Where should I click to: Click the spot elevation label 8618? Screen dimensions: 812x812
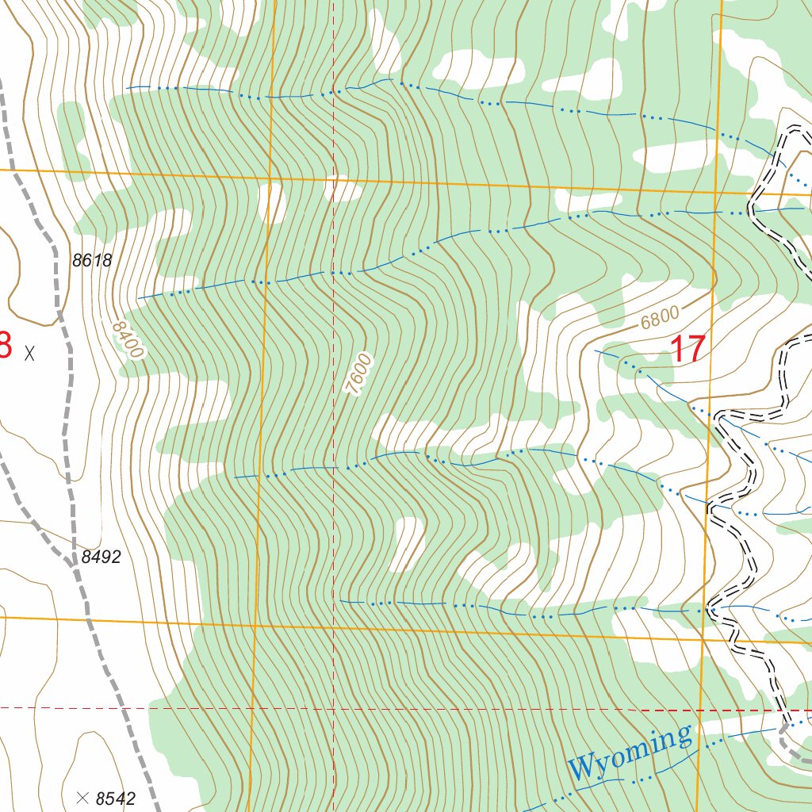point(91,260)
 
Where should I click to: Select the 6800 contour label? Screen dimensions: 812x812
point(660,317)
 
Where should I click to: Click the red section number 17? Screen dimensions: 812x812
point(688,350)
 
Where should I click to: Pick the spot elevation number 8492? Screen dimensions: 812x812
point(101,557)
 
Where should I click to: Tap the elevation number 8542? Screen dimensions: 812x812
point(116,799)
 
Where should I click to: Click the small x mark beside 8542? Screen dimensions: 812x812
point(82,796)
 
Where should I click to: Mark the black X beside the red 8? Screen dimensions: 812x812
point(30,353)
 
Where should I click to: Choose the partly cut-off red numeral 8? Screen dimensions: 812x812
point(5,346)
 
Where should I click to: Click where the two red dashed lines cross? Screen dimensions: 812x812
point(333,707)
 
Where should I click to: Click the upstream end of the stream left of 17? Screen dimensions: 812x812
point(596,350)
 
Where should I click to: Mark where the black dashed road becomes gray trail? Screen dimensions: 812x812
point(785,726)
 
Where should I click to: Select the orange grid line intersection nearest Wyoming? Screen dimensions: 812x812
point(703,638)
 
